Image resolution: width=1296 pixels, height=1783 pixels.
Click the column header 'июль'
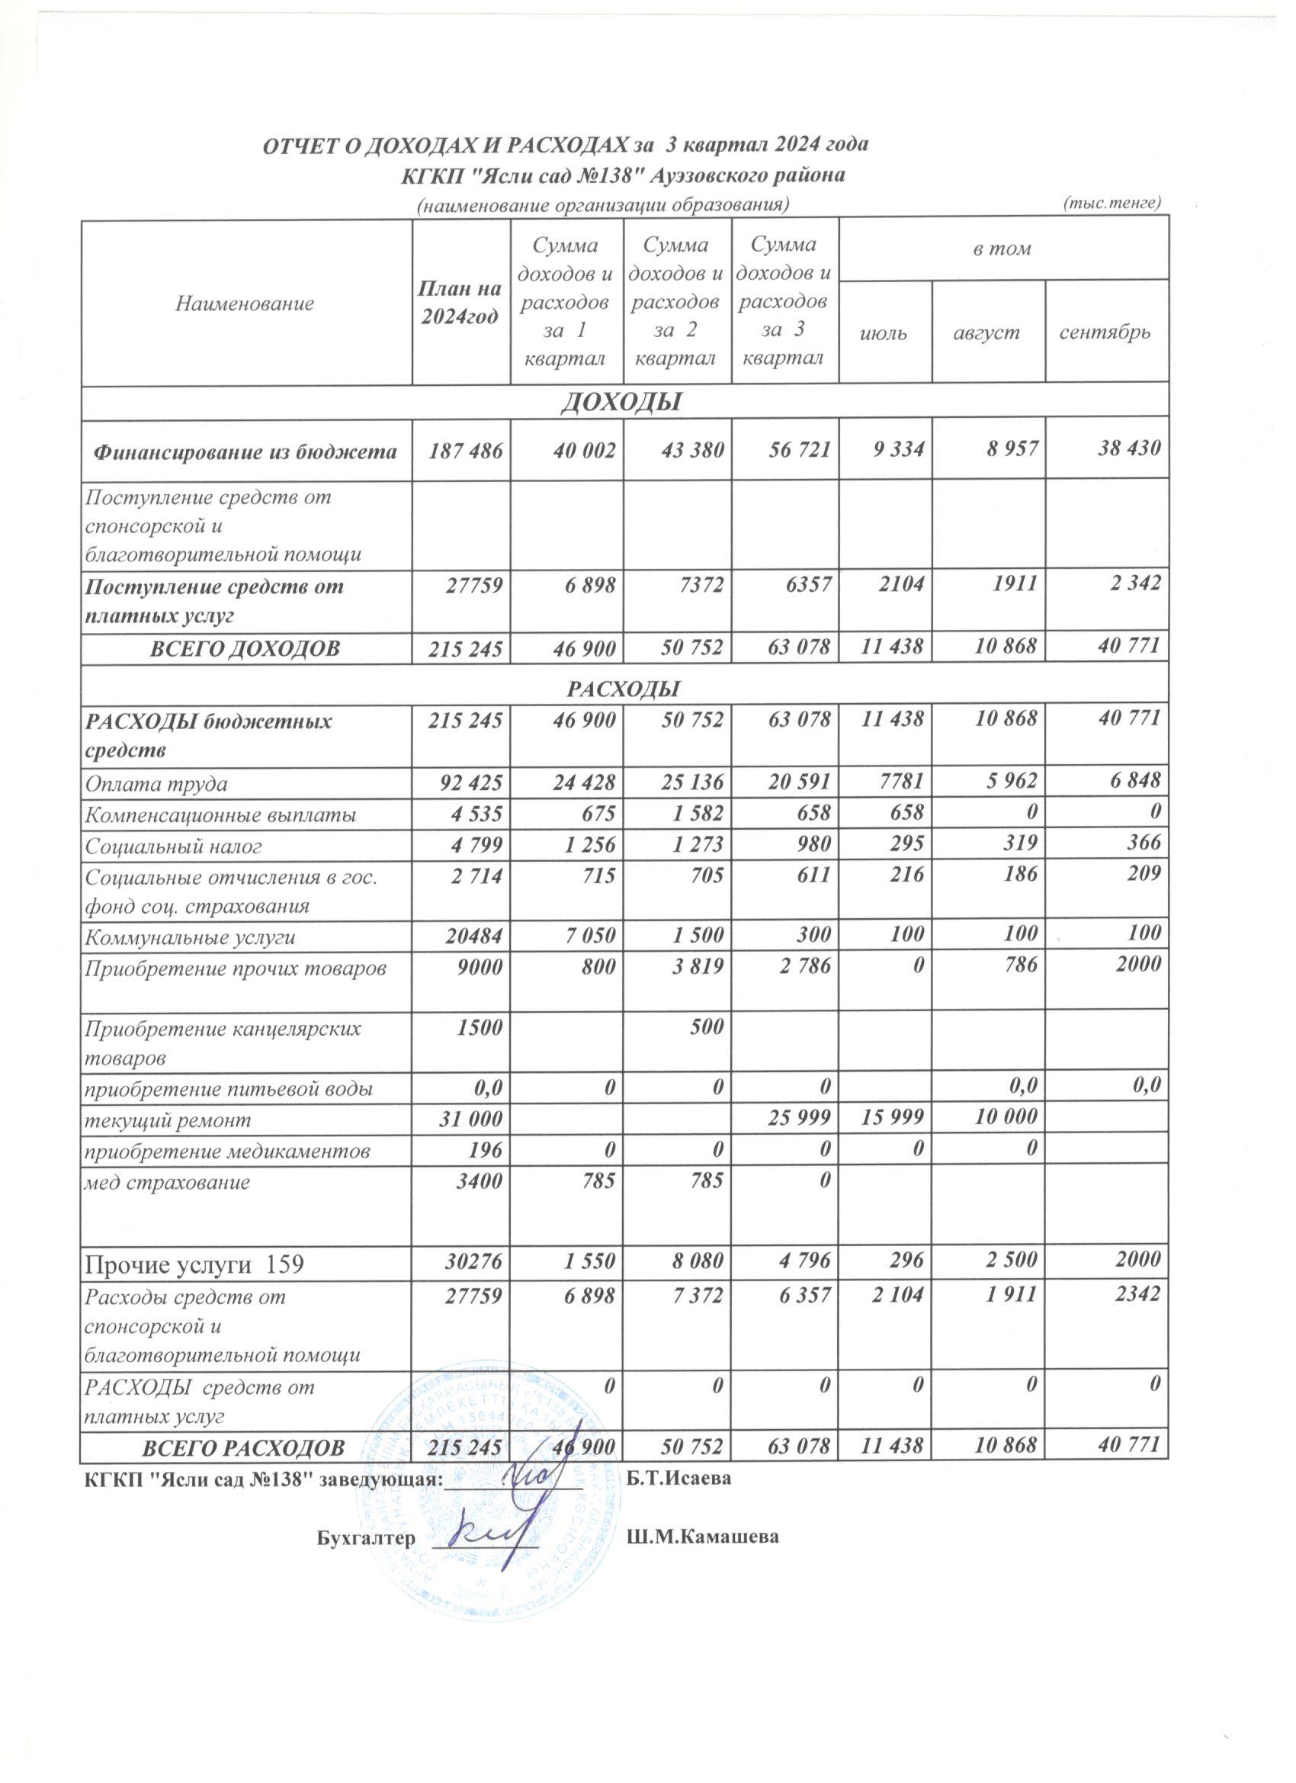click(x=885, y=333)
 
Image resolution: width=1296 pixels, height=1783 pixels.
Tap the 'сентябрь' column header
click(x=1105, y=333)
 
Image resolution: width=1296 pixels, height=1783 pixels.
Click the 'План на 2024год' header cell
click(x=460, y=303)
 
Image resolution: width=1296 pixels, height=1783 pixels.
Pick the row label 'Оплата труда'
click(x=157, y=784)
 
